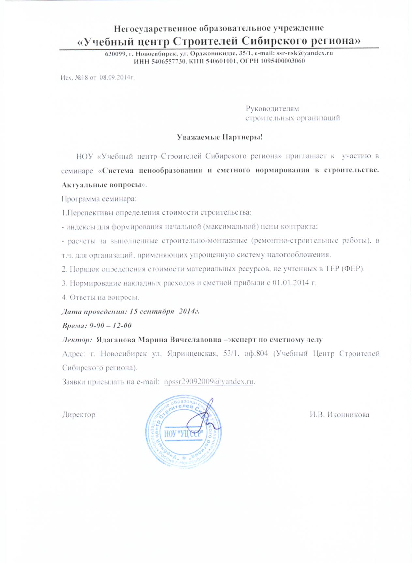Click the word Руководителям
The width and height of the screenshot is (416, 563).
coord(272,108)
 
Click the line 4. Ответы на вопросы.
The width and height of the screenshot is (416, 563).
coord(101,297)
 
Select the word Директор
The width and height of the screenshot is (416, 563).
coord(79,415)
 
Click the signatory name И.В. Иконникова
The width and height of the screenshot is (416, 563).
coord(339,415)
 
